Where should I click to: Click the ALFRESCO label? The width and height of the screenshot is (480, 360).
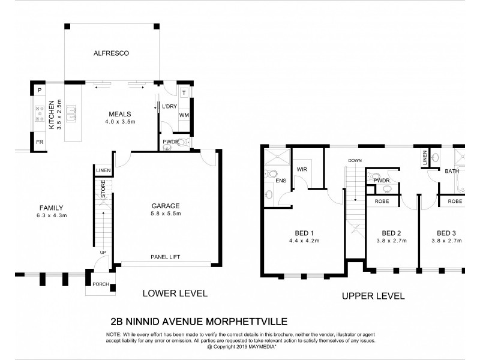pyautogui.click(x=111, y=53)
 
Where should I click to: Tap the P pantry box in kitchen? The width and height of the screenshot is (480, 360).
pyautogui.click(x=40, y=90)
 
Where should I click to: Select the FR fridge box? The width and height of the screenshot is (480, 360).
pyautogui.click(x=40, y=143)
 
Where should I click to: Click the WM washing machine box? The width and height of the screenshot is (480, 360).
pyautogui.click(x=184, y=114)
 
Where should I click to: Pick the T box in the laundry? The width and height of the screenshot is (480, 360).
pyautogui.click(x=184, y=93)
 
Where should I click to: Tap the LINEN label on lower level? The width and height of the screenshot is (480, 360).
pyautogui.click(x=103, y=171)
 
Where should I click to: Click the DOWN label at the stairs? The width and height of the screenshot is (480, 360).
pyautogui.click(x=354, y=160)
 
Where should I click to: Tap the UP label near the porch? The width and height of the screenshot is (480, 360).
pyautogui.click(x=103, y=253)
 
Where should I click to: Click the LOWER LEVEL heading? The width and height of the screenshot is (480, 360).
pyautogui.click(x=174, y=293)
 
